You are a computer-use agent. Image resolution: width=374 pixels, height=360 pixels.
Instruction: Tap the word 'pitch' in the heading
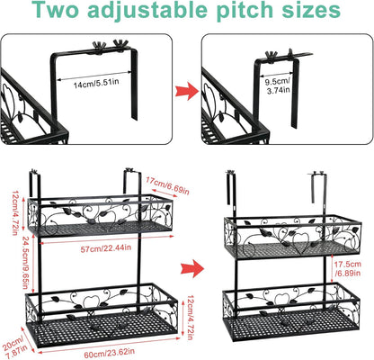tap(245, 13)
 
